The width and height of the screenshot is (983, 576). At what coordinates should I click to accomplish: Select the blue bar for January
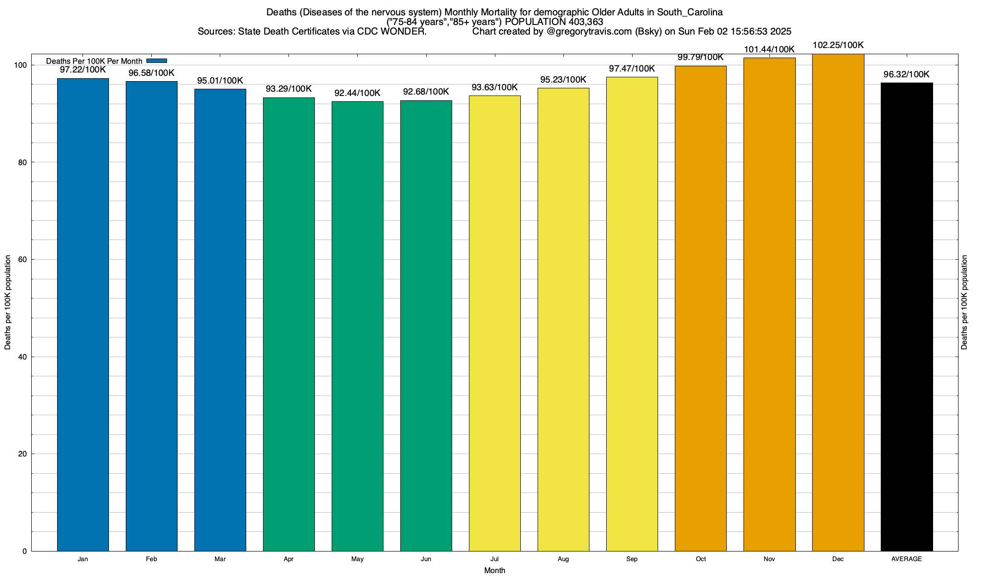click(83, 314)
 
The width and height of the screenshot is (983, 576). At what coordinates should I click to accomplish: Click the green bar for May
click(358, 326)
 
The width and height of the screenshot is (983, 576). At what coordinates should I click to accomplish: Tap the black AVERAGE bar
click(907, 317)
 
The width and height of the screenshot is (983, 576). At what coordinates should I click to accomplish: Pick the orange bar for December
click(838, 302)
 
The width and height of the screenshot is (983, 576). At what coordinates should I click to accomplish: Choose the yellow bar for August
click(563, 319)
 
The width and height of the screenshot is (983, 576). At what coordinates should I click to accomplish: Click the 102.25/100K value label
click(838, 45)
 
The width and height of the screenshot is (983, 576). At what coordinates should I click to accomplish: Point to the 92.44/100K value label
click(358, 93)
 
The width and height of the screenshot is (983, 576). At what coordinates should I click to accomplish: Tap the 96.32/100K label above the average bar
click(907, 74)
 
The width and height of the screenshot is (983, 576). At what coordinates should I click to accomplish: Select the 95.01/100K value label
click(220, 80)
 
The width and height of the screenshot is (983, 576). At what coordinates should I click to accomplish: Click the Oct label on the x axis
click(701, 559)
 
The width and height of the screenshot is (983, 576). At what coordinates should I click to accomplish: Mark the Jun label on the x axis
click(426, 559)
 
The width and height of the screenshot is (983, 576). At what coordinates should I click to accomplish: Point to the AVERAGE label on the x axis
click(907, 559)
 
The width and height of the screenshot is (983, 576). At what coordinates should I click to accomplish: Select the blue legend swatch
click(156, 61)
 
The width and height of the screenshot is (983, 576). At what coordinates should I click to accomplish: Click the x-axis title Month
click(494, 571)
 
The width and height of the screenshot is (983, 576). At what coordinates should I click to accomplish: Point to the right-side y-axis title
click(964, 302)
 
